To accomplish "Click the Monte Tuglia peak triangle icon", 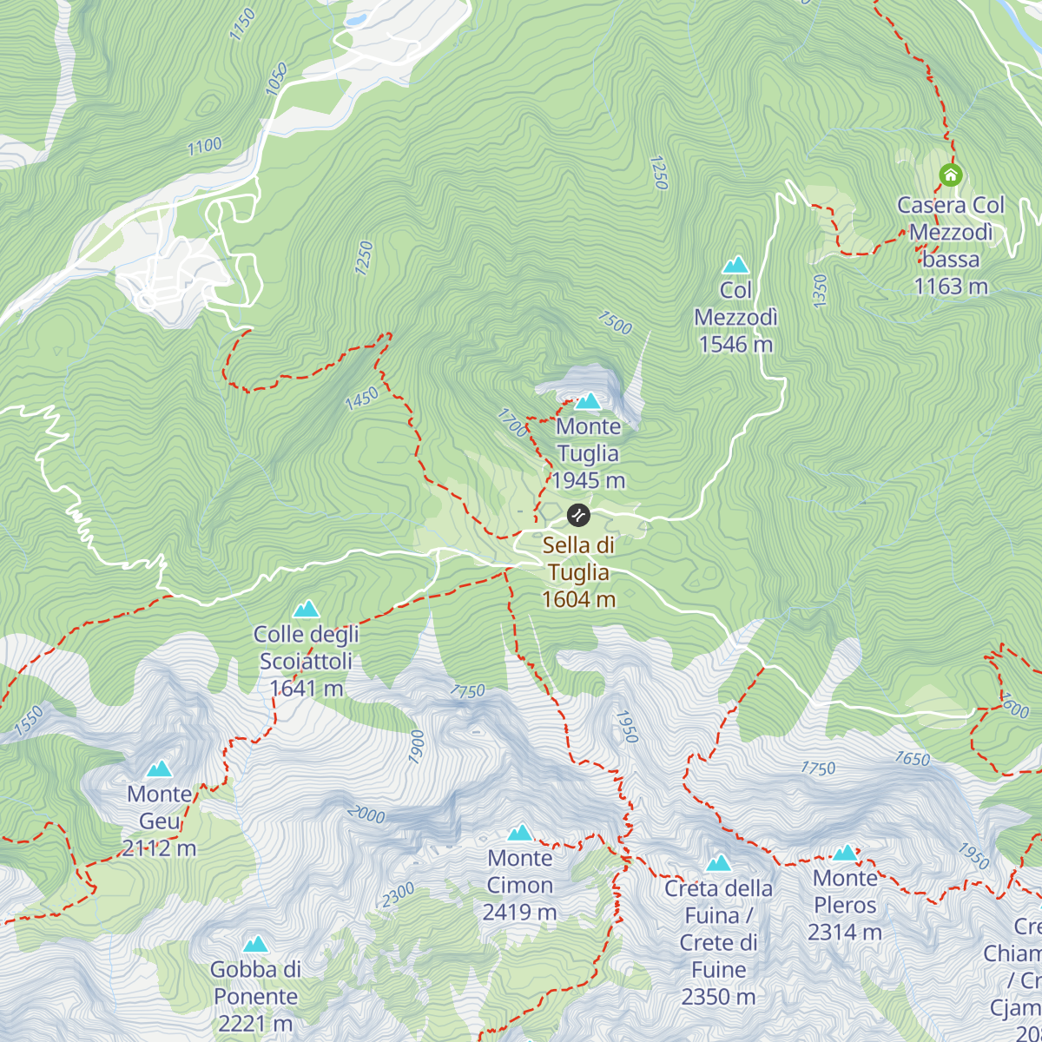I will point(589,401).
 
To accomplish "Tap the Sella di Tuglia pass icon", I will point(578,515).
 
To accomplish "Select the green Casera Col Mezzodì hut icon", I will point(951,175).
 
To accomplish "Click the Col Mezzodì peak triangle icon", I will point(735,264).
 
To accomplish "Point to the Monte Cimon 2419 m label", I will point(519,885).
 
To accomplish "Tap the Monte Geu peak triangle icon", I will point(159,768).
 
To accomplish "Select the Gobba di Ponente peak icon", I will point(255,944).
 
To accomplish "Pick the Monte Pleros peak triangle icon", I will point(845,853).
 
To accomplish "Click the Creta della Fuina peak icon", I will point(718,863).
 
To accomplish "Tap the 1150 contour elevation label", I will point(242,24).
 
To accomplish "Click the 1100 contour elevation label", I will point(205,147).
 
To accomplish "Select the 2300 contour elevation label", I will point(398,894).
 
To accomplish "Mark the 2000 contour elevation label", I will point(366,814).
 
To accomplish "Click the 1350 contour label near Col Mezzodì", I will point(820,291).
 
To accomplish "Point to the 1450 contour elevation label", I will point(361,399).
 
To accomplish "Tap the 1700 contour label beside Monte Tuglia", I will point(511,423).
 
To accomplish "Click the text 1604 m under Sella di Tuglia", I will point(578,599).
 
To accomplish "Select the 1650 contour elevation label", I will point(913,759).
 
